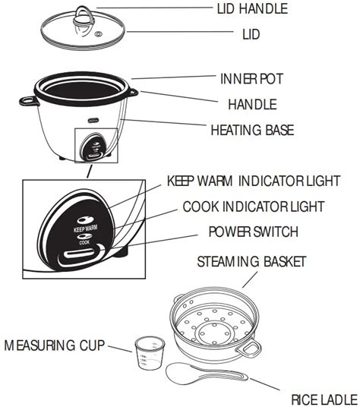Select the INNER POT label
tap(251, 78)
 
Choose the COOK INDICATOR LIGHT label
tap(253, 207)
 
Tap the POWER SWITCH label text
tap(254, 231)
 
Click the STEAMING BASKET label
tap(251, 262)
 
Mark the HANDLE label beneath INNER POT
tap(252, 104)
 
